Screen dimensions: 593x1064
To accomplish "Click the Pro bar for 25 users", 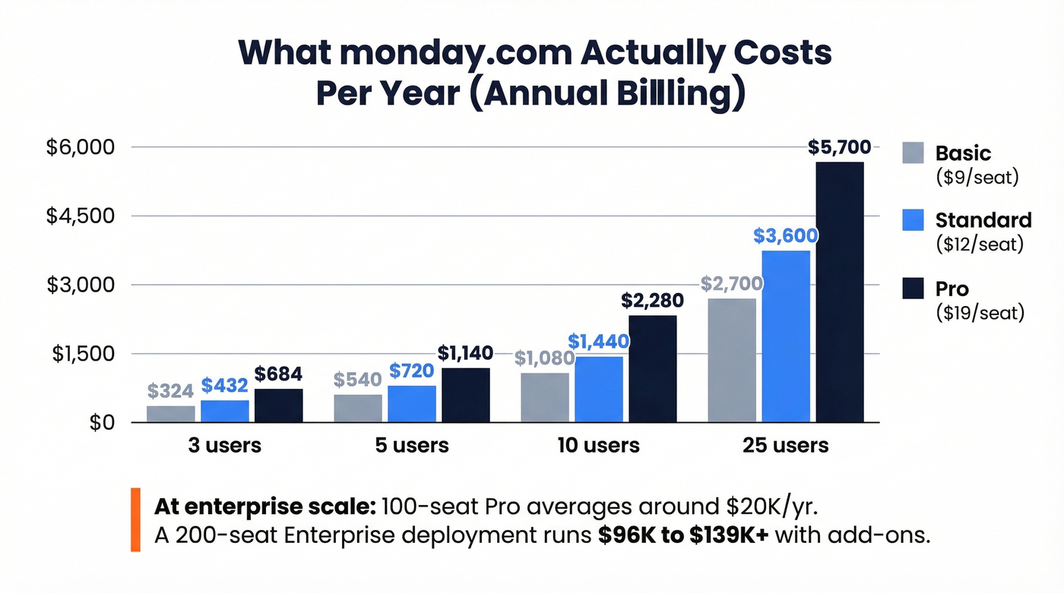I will point(840,292).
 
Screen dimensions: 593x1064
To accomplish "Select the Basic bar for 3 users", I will point(171,414).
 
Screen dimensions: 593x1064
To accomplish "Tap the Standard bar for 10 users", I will point(599,390).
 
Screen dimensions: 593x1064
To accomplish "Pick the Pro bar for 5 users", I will point(466,395).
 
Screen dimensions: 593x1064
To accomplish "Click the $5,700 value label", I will point(840,147).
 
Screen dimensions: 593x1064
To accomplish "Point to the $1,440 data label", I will point(598,342).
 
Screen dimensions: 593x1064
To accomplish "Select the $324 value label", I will point(170,391).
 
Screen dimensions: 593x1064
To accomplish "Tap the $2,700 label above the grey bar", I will point(731,284).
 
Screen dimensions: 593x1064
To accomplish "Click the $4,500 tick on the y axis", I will point(79,216).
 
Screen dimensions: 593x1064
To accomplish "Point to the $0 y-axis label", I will point(102,423).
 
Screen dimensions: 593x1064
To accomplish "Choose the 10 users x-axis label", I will point(599,445).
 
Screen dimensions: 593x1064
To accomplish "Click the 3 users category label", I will point(225,445).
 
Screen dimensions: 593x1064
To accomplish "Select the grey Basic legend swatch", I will point(913,153).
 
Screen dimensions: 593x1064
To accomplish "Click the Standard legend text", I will point(983,220).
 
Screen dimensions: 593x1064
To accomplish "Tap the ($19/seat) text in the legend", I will point(980,312).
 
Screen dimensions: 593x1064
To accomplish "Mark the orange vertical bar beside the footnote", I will point(136,520).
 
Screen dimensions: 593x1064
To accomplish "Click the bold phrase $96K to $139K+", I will point(683,535).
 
